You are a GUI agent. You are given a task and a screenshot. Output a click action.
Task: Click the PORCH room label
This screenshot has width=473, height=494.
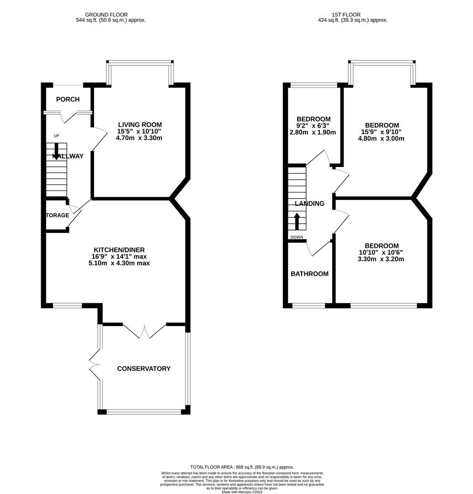(x=68, y=100)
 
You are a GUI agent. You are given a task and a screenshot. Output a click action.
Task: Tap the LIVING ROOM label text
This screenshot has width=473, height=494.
(x=140, y=124)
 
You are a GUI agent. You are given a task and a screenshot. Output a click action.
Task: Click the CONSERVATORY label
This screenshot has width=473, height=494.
(x=144, y=369)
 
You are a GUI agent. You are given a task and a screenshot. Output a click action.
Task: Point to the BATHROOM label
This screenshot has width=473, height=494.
(x=309, y=274)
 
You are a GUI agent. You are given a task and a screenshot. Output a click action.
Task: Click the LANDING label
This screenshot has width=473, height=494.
(x=309, y=204)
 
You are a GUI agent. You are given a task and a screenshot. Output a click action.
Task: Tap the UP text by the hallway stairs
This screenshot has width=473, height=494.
(x=57, y=136)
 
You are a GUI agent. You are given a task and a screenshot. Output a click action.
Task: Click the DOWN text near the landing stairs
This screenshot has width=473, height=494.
(x=297, y=237)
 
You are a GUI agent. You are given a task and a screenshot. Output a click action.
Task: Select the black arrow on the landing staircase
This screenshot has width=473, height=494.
(x=297, y=221)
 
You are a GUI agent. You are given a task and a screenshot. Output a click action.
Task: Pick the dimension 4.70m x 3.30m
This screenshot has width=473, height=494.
(x=140, y=138)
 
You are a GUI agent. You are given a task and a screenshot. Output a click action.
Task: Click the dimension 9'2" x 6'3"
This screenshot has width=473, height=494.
(x=313, y=126)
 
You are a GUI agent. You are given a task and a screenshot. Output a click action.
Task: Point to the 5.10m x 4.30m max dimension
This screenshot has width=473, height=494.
(x=119, y=263)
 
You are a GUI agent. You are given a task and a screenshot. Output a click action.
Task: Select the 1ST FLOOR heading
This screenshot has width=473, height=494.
(x=353, y=15)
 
